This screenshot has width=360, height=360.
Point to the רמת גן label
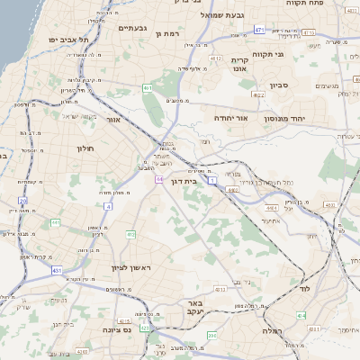168,33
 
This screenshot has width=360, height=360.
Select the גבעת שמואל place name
213,14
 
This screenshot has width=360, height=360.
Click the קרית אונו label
239,65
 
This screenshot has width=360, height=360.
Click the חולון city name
85,148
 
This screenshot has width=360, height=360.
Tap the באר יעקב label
194,309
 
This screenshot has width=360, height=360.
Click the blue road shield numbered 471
259,30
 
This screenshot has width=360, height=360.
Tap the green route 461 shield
147,87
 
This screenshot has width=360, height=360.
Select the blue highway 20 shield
23,200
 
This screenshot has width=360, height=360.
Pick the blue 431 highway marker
57,270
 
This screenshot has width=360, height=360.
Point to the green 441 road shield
55,222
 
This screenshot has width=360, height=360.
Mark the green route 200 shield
211,336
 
